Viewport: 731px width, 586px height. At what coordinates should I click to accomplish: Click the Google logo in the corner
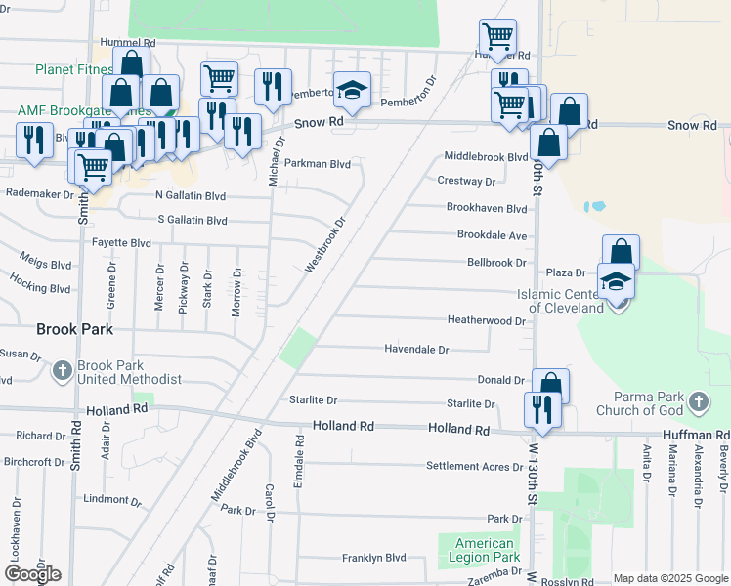click(x=32, y=574)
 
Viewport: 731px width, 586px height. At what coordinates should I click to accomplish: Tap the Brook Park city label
click(x=74, y=329)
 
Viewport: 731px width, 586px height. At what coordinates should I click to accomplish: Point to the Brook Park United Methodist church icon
click(x=62, y=371)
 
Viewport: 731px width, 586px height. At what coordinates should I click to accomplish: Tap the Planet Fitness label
click(x=74, y=69)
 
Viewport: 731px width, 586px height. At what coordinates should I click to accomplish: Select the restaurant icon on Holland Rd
click(x=540, y=408)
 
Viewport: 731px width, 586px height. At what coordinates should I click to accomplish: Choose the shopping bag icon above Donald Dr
click(x=550, y=385)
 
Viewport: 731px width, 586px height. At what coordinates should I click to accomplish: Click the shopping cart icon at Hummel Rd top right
click(x=497, y=37)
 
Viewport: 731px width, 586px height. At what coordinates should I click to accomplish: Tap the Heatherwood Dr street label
click(x=486, y=320)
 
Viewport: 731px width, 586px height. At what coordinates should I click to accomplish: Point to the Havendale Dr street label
click(x=416, y=349)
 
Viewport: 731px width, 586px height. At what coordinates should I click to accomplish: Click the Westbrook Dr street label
click(x=326, y=244)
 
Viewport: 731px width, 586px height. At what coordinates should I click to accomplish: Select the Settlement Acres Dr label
click(x=468, y=466)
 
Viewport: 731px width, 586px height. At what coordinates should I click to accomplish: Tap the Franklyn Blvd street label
click(x=373, y=558)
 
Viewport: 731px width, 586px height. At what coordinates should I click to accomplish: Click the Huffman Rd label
click(x=696, y=434)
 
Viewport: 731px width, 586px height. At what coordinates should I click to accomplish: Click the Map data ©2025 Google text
click(x=669, y=578)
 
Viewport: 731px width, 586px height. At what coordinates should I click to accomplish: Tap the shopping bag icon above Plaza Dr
click(x=621, y=252)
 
